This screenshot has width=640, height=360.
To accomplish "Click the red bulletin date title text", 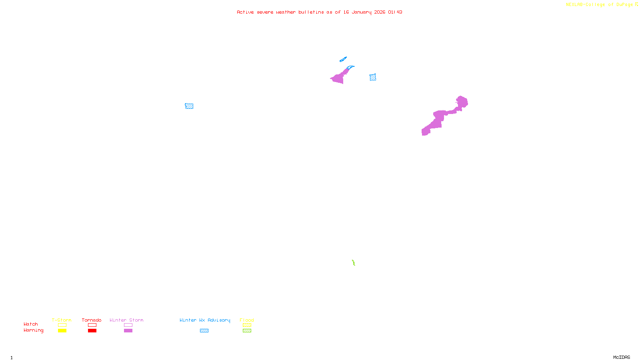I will click(x=319, y=12).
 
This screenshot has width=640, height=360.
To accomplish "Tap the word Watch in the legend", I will click(x=31, y=324).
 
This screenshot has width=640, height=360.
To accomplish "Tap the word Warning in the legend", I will click(x=33, y=330).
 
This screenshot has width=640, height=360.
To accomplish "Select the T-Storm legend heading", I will click(x=62, y=320).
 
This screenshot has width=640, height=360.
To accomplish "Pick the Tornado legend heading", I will click(x=92, y=320).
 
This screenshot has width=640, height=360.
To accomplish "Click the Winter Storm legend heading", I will click(x=126, y=320).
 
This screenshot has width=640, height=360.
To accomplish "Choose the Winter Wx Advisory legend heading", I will click(x=205, y=320).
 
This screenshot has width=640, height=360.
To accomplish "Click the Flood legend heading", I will click(x=247, y=320).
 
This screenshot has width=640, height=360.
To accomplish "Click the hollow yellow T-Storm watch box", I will click(x=62, y=325).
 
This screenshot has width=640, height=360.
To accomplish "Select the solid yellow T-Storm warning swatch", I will click(x=62, y=331).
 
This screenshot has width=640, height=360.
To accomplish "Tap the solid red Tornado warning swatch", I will click(x=92, y=331).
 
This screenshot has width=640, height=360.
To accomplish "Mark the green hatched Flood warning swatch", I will click(x=247, y=331).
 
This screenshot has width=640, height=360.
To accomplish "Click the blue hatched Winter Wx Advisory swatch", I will click(x=204, y=331).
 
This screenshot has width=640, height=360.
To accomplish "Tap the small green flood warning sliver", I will click(x=354, y=263).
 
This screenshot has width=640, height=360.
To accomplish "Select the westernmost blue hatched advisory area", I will click(x=189, y=106).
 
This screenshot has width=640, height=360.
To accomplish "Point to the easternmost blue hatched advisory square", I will click(x=373, y=77).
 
